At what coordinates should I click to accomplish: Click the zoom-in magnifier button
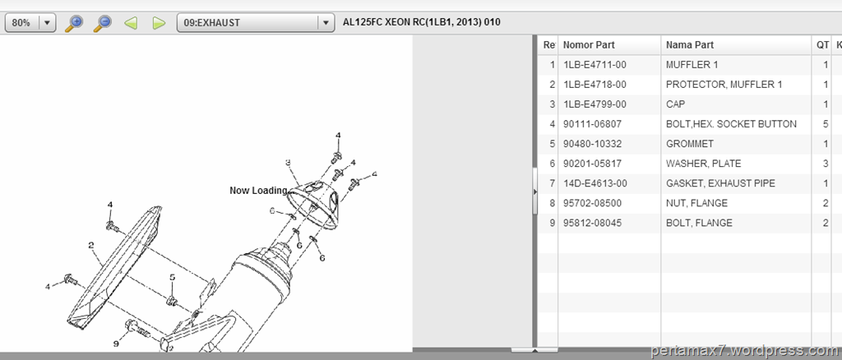pos(73,23)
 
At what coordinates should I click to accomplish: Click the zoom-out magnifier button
pos(102,23)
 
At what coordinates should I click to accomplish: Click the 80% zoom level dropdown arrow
pos(48,23)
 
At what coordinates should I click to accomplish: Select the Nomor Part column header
pos(589,45)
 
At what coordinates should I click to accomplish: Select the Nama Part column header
pos(690,45)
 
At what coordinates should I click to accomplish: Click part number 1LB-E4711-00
pos(595,65)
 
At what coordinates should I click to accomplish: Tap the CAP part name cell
pos(676,104)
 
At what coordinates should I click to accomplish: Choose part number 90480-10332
pos(592,144)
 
